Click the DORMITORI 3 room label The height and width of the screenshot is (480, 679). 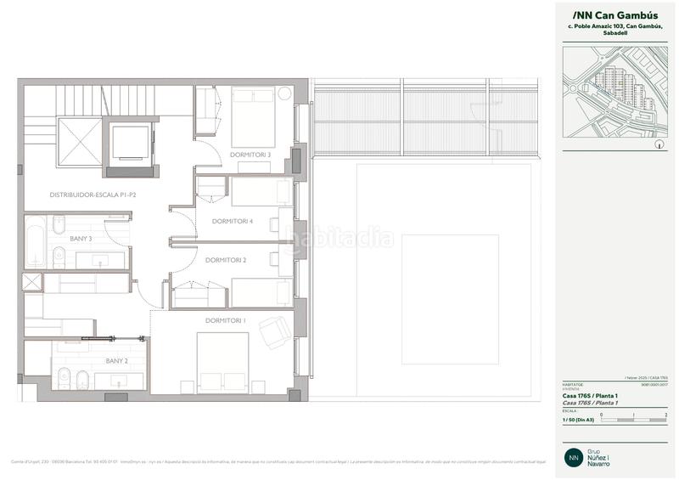click(250, 155)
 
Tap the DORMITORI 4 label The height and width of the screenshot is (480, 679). click(233, 221)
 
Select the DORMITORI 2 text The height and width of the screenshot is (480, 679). click(226, 260)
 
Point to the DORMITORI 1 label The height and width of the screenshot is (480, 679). click(225, 320)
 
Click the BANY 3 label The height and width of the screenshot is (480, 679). click(81, 239)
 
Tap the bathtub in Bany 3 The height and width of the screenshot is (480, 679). click(36, 241)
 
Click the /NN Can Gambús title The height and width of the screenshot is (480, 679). click(616, 14)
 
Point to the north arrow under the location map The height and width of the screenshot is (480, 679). click(659, 144)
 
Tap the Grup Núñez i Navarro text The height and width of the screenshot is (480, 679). click(608, 456)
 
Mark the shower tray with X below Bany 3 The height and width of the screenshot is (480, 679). click(31, 283)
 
